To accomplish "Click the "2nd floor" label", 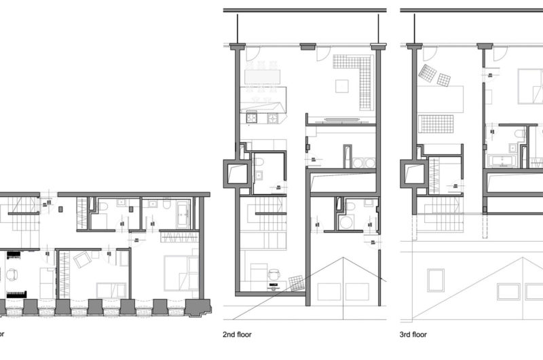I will click(x=239, y=334).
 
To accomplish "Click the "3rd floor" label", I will click(x=414, y=334).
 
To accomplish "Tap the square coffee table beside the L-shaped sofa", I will click(x=342, y=86).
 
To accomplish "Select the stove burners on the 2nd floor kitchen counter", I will click(x=252, y=118).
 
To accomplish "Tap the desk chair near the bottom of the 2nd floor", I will click(x=274, y=274).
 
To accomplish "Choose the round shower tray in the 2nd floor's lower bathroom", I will click(x=347, y=221).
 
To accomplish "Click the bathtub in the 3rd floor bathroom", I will click(x=503, y=161).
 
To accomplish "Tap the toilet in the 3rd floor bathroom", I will click(x=519, y=132).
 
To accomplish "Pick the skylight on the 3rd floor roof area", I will click(x=434, y=278).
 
